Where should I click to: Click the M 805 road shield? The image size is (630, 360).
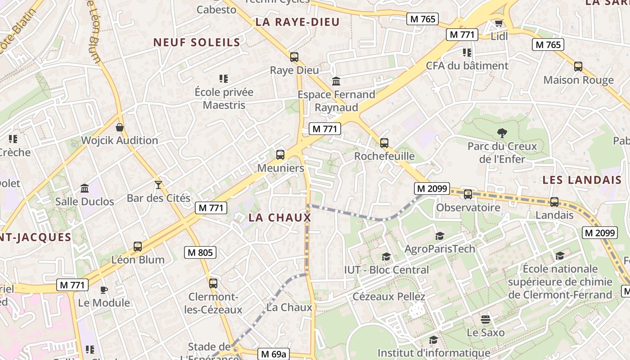[200, 252]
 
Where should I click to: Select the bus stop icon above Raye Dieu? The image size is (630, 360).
[294, 57]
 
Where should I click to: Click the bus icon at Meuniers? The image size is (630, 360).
[280, 155]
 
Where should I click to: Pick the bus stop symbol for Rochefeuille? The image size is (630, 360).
[384, 143]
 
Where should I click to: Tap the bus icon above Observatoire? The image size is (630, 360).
[468, 194]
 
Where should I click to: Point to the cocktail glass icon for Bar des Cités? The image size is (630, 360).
[158, 184]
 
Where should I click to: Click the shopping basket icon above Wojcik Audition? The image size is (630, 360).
[120, 127]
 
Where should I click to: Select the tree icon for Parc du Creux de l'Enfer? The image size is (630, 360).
[502, 133]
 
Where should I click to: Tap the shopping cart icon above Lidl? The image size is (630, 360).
[499, 23]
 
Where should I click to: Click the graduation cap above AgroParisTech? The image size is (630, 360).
[440, 236]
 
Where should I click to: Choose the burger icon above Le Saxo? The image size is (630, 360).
[485, 319]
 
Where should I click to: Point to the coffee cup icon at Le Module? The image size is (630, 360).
[104, 290]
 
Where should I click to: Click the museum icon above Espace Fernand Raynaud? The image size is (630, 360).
[336, 81]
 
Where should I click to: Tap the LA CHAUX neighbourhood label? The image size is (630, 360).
[280, 218]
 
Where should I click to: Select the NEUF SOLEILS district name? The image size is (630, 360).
[197, 42]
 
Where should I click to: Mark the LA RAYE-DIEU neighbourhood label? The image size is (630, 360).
[297, 22]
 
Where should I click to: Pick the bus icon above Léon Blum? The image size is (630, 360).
[138, 247]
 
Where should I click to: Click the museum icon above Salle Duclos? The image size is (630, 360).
[85, 188]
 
